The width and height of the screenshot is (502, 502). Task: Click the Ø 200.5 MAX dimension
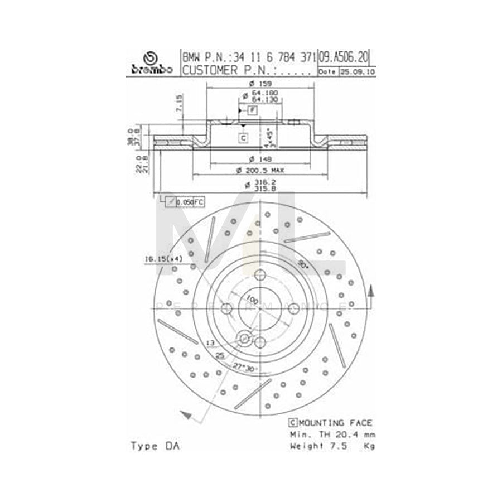pos(259,169)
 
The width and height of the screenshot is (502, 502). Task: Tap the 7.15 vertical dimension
pos(178,105)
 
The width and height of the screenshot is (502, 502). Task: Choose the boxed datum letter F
pos(253,110)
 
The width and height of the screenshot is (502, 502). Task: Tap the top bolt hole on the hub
pos(259,275)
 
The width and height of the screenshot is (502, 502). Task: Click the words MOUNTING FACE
pos(335,423)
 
